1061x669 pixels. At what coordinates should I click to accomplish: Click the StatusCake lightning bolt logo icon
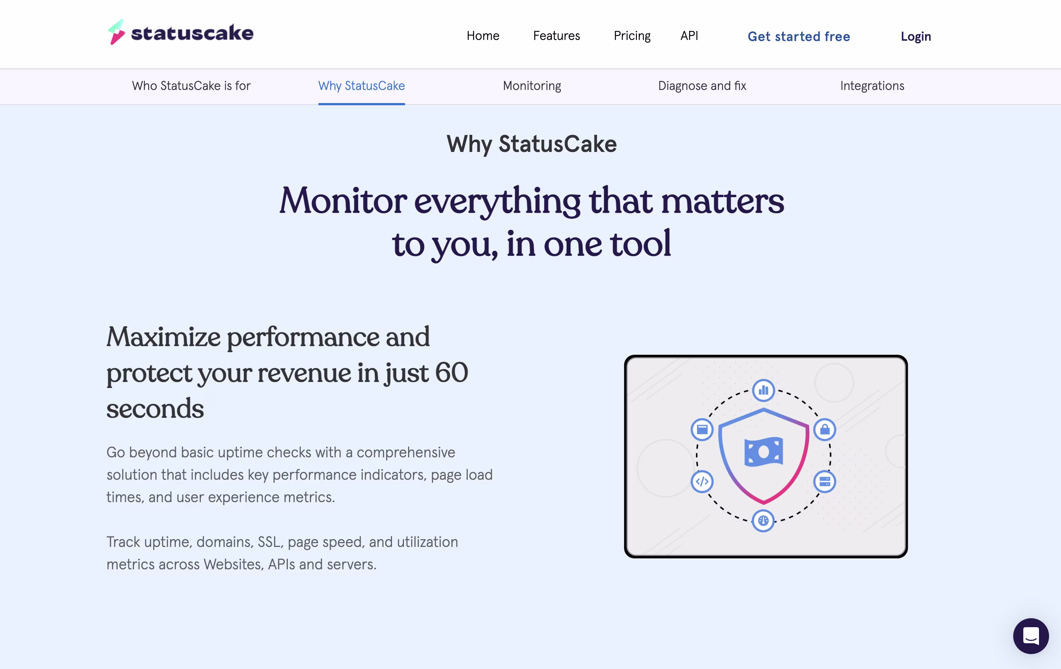(x=117, y=32)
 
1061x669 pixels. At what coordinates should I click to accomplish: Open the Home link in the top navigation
(x=483, y=36)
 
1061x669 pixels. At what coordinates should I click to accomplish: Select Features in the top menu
(x=557, y=36)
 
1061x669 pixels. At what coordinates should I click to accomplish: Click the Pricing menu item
(x=632, y=36)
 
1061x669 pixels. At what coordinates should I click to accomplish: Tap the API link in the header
(x=689, y=36)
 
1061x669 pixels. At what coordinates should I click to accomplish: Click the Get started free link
(x=799, y=37)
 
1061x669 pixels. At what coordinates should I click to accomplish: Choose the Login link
(x=916, y=37)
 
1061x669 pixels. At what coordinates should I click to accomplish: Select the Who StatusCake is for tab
(x=191, y=85)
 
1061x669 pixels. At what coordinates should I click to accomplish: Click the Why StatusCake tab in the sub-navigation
(x=361, y=86)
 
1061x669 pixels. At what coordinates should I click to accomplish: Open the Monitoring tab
(x=532, y=86)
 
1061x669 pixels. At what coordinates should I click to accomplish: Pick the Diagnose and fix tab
(x=702, y=86)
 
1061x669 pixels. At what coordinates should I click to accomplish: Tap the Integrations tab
(x=872, y=86)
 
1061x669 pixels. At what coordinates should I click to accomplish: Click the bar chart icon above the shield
(x=763, y=390)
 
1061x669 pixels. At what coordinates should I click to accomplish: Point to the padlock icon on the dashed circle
(x=824, y=429)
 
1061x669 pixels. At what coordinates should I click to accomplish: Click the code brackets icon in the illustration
(x=702, y=481)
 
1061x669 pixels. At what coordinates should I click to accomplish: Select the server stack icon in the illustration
(x=824, y=481)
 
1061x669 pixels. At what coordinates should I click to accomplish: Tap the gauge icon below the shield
(x=763, y=520)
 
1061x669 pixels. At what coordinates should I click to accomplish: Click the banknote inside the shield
(x=763, y=452)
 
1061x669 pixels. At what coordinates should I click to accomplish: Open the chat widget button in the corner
(x=1031, y=636)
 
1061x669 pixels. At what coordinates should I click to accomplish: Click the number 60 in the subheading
(x=452, y=373)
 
